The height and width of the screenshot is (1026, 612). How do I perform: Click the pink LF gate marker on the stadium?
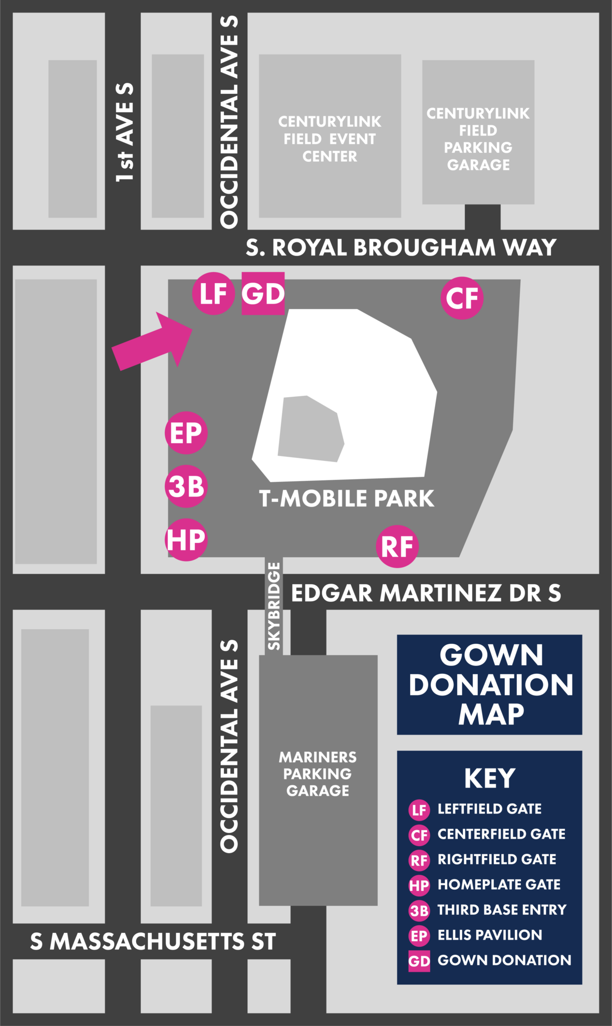coord(213,294)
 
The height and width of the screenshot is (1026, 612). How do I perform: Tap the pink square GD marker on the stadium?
coord(263,294)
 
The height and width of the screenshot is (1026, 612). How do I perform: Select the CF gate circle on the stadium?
coord(462,298)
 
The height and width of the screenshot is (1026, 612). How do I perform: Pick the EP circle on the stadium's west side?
coord(186,433)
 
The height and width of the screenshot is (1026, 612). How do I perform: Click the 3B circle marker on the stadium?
coord(186,486)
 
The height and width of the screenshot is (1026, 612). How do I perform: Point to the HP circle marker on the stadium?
coord(186,540)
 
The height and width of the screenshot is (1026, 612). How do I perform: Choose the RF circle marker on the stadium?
coord(397,546)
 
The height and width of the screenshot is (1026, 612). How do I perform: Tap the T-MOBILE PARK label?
coord(347,498)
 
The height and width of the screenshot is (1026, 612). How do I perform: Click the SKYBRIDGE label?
coord(273,606)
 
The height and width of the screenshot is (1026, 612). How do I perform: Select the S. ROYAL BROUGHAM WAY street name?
coord(401,247)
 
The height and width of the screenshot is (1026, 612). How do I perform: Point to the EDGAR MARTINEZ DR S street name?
coord(426,593)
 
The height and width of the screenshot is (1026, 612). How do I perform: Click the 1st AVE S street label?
coord(125,132)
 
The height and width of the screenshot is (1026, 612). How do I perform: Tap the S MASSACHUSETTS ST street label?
coord(153,941)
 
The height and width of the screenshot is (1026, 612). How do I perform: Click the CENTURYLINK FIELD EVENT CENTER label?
coord(330,139)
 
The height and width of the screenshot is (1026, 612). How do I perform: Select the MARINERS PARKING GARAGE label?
coord(318,774)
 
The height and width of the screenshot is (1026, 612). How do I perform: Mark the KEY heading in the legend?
coord(489,778)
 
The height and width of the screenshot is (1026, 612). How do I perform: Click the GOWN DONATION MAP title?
coord(491,684)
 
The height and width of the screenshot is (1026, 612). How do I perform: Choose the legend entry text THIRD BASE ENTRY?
coord(502,909)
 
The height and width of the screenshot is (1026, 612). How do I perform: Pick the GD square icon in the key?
coord(419,960)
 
